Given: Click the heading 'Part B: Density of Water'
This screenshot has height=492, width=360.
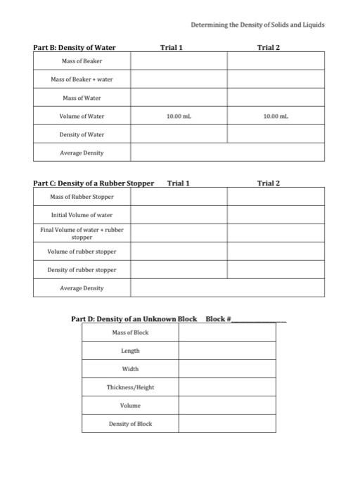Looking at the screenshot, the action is coord(75,48).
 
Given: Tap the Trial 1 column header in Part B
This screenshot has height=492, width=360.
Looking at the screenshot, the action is coord(172,48).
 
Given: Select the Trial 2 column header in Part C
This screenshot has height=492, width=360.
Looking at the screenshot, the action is coord(268,183).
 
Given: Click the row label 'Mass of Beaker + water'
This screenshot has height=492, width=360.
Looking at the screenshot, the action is coord(82,79).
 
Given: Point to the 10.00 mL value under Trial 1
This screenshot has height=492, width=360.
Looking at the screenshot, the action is coord(179,116).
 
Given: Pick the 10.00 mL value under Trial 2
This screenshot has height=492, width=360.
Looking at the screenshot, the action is coord(276,116).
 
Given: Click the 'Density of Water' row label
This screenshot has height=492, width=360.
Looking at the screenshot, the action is coord(82,134).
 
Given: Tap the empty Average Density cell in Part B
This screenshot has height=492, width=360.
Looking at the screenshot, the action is coord(227,153).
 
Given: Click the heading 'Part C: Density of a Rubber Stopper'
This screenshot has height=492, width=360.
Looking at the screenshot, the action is coord(94,183).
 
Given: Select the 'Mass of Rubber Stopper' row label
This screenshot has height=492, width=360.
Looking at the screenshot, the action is coord(82,197).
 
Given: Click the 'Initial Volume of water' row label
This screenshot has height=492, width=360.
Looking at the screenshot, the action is coord(82,215).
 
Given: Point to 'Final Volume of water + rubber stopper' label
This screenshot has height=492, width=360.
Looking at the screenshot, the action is coord(82,233).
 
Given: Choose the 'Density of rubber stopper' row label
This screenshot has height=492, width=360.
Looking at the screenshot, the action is coord(82,270).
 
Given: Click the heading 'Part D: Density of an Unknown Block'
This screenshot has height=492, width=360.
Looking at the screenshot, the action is coord(134,319).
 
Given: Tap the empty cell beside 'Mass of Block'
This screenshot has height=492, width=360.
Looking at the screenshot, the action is coord(226,332).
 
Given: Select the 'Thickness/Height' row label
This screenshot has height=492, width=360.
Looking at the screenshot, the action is coord(130,387).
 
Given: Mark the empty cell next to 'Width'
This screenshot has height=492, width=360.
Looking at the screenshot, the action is coord(226,369).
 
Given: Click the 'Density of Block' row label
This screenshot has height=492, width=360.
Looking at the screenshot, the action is coord(130,424).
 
